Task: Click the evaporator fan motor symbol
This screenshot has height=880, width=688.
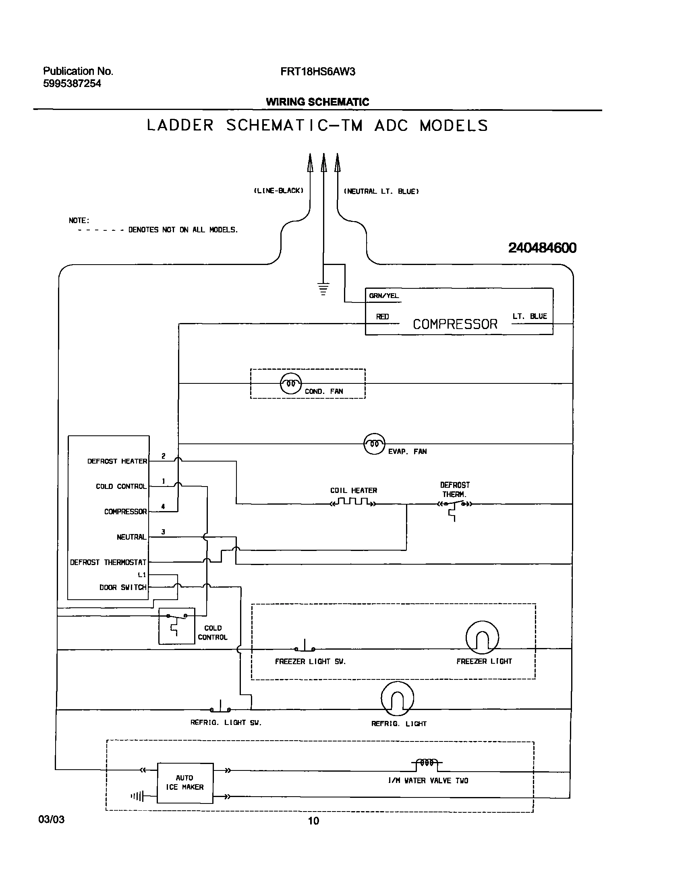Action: [374, 444]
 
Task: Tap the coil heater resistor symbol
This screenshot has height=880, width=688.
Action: [353, 502]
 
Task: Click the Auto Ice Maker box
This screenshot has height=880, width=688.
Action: [185, 783]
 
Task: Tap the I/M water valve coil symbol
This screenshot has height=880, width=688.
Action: [427, 762]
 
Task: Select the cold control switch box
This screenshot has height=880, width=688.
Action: [176, 625]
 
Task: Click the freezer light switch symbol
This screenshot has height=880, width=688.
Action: [305, 646]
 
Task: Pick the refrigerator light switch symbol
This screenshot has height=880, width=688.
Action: [220, 707]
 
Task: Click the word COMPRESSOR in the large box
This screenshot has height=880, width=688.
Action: [455, 324]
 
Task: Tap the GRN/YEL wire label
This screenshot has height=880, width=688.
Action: [383, 296]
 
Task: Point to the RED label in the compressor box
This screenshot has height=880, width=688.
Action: [382, 317]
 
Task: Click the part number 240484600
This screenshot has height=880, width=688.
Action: [542, 247]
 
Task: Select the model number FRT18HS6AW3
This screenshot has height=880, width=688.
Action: [317, 72]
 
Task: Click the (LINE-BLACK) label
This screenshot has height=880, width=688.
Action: [278, 190]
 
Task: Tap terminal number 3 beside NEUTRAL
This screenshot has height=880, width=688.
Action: [163, 532]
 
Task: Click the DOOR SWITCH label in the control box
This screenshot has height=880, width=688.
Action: [123, 588]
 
